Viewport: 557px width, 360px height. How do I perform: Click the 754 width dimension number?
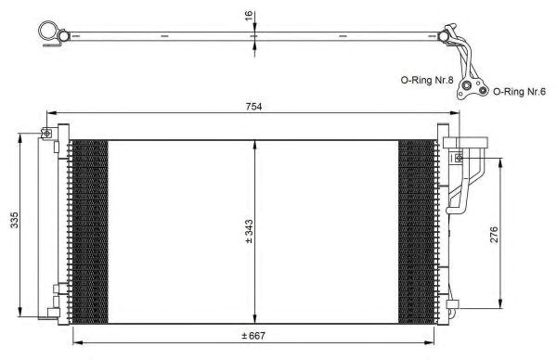click(x=253, y=107)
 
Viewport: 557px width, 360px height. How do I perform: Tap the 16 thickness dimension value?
click(x=249, y=15)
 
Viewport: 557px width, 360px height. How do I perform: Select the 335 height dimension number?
click(x=14, y=220)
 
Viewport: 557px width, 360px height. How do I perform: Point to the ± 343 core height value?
click(x=249, y=231)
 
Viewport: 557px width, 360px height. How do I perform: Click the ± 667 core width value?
click(x=253, y=336)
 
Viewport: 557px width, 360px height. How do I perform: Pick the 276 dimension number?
click(x=494, y=235)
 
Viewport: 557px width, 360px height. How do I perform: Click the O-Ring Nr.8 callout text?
click(x=427, y=80)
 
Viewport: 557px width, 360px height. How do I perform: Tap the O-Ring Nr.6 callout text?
click(x=519, y=92)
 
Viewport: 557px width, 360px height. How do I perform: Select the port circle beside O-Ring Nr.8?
click(x=466, y=85)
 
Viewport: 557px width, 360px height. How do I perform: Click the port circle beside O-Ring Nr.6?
click(x=482, y=90)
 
